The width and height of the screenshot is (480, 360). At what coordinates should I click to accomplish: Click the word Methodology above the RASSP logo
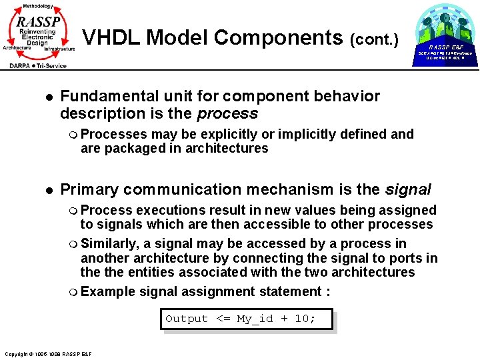(x=37, y=5)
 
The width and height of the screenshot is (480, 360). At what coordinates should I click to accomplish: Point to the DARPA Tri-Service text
(x=37, y=65)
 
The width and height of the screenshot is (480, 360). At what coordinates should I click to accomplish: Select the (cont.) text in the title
(x=374, y=40)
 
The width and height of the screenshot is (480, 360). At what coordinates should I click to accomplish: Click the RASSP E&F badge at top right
(x=445, y=47)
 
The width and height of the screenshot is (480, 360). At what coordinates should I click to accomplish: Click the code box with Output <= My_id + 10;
(x=247, y=319)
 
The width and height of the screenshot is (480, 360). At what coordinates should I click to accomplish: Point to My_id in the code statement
(x=255, y=319)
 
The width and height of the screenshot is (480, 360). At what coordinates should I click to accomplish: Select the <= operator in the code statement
(x=222, y=319)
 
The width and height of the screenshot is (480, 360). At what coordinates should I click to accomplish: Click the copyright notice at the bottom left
(x=48, y=353)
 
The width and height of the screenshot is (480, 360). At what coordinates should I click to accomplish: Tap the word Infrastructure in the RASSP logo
(x=59, y=49)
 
